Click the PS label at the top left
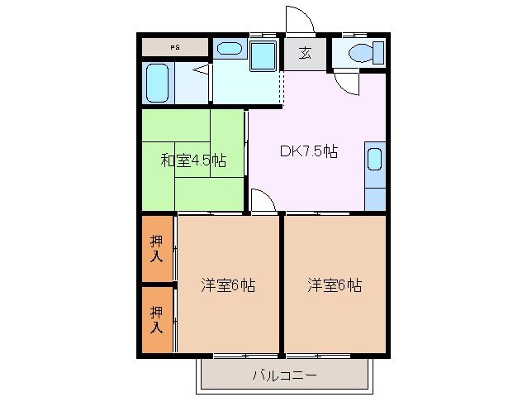174,47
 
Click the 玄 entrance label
305,54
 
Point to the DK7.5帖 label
308,151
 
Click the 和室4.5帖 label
193,159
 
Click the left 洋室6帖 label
228,286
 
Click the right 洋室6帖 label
335,286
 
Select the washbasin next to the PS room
229,49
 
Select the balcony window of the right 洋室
335,356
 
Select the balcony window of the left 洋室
228,356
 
